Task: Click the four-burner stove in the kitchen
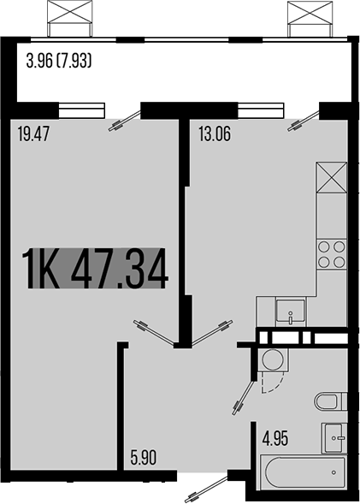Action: tap(332, 254)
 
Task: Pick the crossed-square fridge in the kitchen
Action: tap(332, 180)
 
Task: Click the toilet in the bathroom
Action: tap(331, 401)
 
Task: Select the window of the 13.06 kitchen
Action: tap(261, 109)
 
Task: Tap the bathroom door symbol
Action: tap(243, 394)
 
